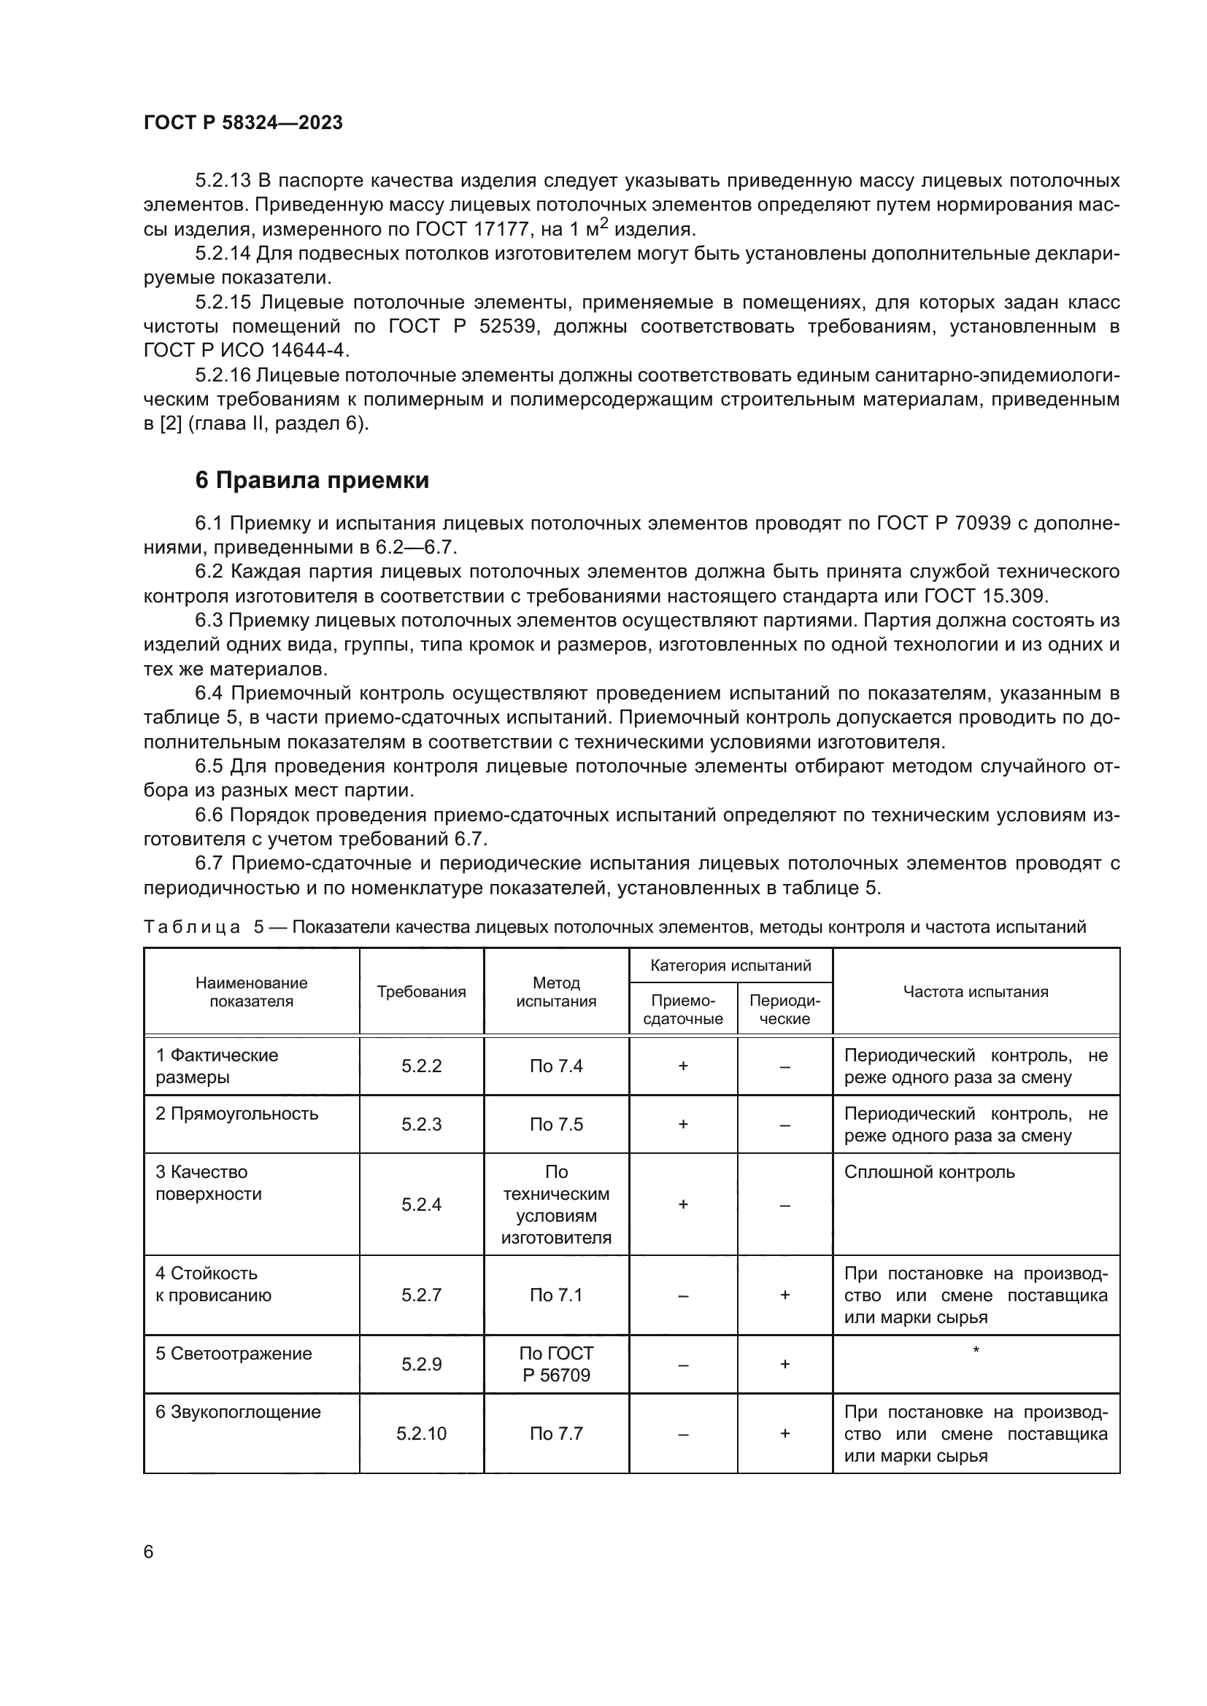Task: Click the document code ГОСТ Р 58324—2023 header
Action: point(243,123)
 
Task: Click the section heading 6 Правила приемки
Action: point(312,481)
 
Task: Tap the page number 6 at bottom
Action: point(149,1552)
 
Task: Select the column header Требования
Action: point(421,992)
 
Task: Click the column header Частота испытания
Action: point(975,992)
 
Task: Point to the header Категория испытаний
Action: point(730,966)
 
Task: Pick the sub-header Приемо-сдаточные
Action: point(682,1009)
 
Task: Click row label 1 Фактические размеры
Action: point(216,1066)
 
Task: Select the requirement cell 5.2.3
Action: point(421,1125)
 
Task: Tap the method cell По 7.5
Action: point(556,1125)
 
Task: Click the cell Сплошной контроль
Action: point(929,1173)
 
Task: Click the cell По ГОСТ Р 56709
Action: point(556,1364)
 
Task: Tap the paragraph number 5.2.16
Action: point(223,376)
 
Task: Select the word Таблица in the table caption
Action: point(192,927)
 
